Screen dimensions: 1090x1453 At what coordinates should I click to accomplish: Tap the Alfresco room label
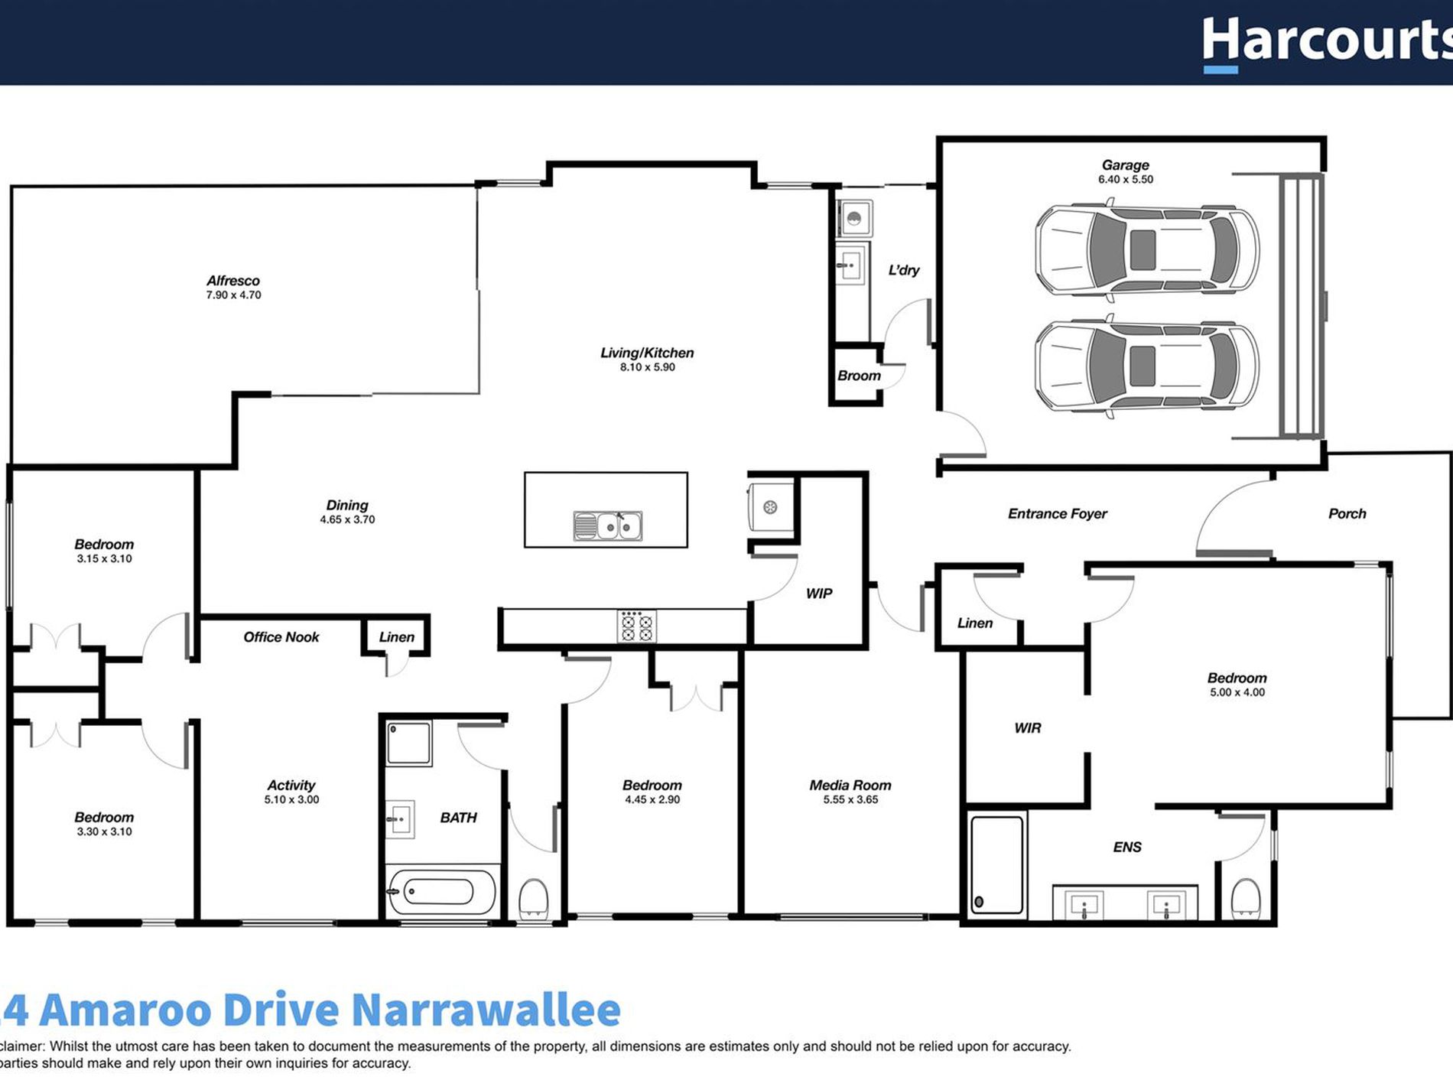tap(233, 281)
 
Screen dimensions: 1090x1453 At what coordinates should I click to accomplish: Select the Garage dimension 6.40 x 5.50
tap(1126, 180)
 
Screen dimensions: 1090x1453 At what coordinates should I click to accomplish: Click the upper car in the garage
tap(1146, 250)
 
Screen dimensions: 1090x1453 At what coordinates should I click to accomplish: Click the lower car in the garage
tap(1146, 366)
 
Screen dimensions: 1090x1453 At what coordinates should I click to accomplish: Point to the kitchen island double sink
tap(608, 526)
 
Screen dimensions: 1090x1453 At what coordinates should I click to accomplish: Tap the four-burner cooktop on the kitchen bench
tap(636, 626)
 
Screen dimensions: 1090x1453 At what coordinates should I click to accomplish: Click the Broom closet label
tap(859, 376)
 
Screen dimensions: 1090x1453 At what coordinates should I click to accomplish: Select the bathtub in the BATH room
tap(441, 892)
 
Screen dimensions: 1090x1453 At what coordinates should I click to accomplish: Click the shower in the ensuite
tap(996, 865)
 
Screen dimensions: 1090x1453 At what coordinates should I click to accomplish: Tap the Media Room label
tap(850, 786)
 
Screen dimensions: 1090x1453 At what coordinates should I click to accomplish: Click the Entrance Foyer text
tap(1057, 514)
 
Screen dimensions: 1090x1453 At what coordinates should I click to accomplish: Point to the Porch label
tap(1347, 514)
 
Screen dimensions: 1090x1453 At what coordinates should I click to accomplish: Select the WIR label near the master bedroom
tap(1027, 728)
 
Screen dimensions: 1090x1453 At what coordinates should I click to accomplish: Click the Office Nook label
tap(281, 637)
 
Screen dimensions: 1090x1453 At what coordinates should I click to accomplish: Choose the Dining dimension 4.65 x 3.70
tap(347, 520)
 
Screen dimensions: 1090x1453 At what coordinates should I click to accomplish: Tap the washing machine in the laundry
tap(854, 219)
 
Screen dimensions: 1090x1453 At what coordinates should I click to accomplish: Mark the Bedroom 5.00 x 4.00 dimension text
tap(1237, 693)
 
